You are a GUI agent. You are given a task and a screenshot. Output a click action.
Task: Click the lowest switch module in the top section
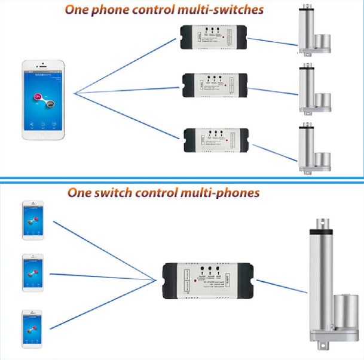(213, 139)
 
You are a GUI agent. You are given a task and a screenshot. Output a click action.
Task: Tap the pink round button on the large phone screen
(38, 96)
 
